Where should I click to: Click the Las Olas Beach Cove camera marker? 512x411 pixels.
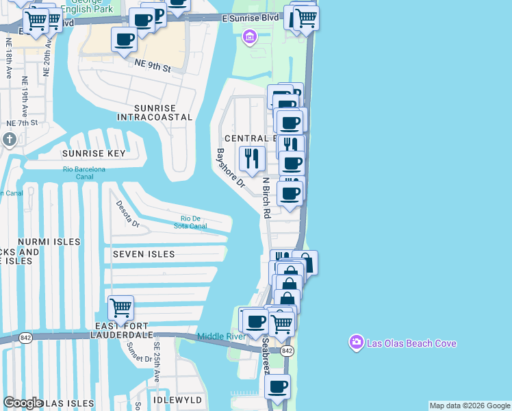[x=355, y=342]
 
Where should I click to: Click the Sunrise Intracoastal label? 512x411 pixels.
[x=155, y=113]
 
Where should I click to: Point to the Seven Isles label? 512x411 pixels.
[x=144, y=254]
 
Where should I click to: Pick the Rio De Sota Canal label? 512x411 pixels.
[x=190, y=223]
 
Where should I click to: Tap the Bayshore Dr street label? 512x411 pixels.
[x=230, y=168]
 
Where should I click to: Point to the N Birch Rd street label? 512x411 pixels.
[x=266, y=198]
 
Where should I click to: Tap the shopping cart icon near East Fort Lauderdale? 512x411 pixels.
[x=120, y=308]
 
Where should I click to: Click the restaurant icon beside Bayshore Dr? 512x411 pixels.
[x=252, y=159]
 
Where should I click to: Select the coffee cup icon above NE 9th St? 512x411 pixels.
[x=124, y=40]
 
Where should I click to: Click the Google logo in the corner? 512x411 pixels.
[x=23, y=403]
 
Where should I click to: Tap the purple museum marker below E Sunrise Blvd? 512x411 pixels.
[x=249, y=36]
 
